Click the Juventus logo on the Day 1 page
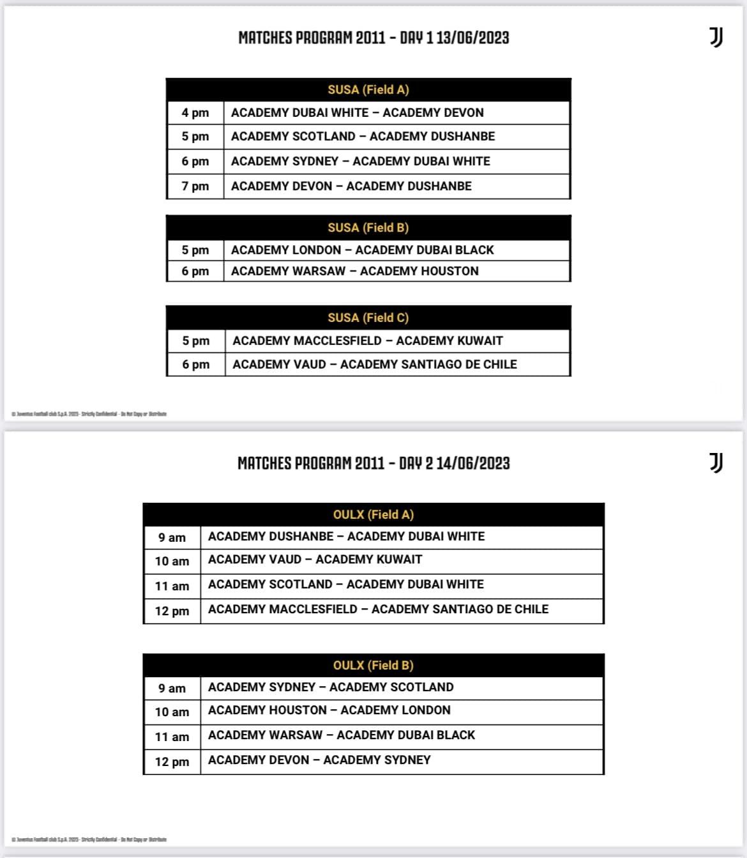coord(716,38)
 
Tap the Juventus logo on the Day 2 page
coord(716,463)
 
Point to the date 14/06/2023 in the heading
coord(473,463)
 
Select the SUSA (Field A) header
coord(368,90)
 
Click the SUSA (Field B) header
coord(368,227)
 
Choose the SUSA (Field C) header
coord(368,318)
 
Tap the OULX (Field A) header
coord(373,514)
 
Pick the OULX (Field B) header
coord(373,665)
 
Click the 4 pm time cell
coord(195,113)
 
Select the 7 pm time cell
coord(195,187)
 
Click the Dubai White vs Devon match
coord(358,113)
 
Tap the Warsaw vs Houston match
coord(355,271)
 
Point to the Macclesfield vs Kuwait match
coord(368,341)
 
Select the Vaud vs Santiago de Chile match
coord(375,364)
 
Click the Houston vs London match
coord(329,710)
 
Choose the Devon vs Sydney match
coord(319,760)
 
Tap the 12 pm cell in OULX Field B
coord(172,762)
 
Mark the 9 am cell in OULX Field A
coord(172,538)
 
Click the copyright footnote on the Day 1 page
coord(89,414)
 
